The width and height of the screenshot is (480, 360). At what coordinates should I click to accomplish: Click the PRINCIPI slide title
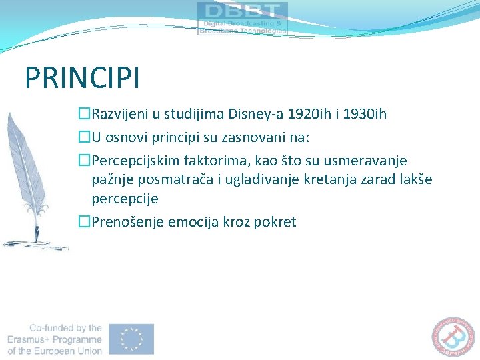[x=82, y=77]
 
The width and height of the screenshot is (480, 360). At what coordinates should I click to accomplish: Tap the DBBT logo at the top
[x=243, y=18]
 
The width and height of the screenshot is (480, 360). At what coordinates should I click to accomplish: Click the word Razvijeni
[x=120, y=114]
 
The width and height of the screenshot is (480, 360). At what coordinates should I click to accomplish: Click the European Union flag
[x=132, y=339]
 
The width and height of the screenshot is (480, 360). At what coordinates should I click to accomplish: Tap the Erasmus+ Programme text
[x=55, y=339]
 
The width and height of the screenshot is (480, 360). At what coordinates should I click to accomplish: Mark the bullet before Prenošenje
[x=84, y=222]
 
